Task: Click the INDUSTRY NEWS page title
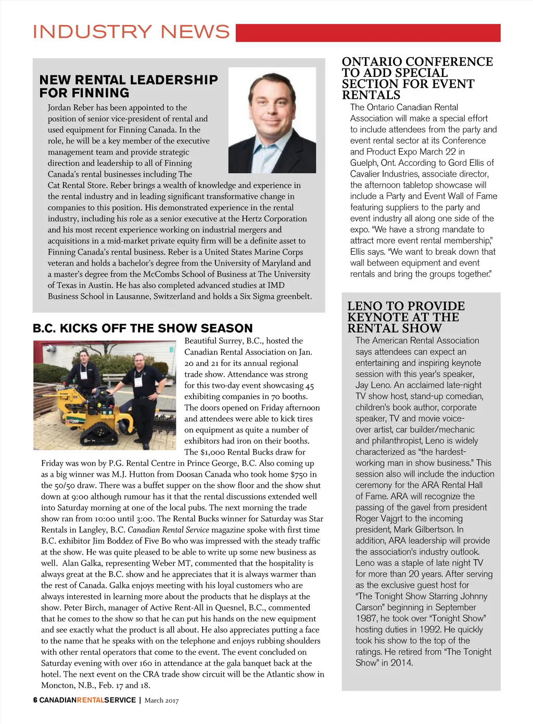[131, 32]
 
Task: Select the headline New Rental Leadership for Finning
[129, 86]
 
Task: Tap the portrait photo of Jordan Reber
[272, 120]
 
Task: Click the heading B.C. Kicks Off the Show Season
[143, 328]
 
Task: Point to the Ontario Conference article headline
[417, 78]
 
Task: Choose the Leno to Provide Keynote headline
[405, 317]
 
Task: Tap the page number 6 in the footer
[35, 700]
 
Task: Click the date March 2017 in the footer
[161, 701]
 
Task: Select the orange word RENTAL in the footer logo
[91, 700]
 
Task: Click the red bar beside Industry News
[367, 33]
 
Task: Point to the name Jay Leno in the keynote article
[373, 385]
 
